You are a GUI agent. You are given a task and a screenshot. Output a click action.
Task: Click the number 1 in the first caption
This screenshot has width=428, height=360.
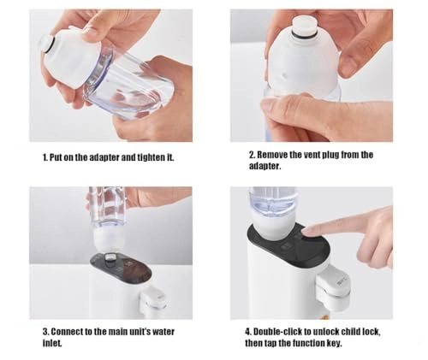click(x=45, y=158)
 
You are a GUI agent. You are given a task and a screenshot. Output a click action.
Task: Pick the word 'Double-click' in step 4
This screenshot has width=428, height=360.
click(x=277, y=331)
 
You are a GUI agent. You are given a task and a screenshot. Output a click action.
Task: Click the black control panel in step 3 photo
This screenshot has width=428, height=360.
click(x=120, y=273)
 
